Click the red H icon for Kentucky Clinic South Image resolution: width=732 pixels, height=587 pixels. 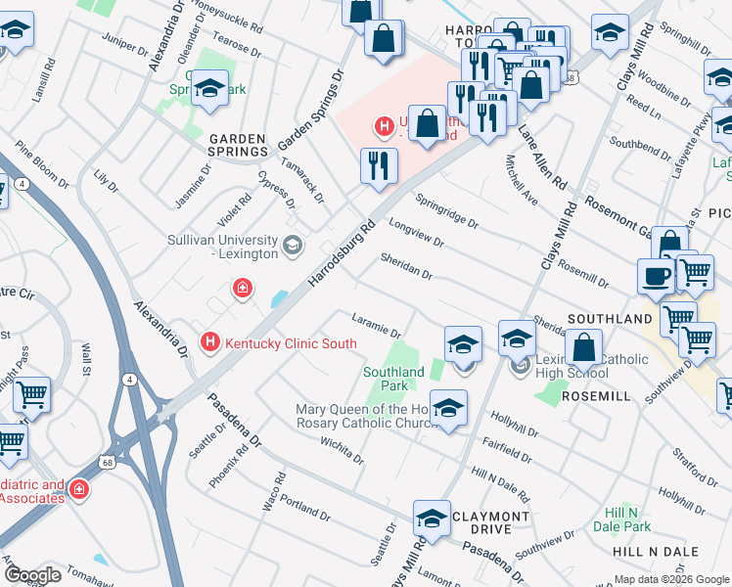coord(208,341)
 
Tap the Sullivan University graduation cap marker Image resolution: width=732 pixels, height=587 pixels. coord(291,244)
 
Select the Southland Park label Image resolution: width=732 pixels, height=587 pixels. coord(393,379)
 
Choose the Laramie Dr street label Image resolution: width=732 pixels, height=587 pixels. coord(377,327)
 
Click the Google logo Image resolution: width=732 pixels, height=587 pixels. coord(32,574)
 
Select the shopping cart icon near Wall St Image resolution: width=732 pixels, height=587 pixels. coord(32,394)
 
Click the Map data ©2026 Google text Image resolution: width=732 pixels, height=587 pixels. coord(671,579)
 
